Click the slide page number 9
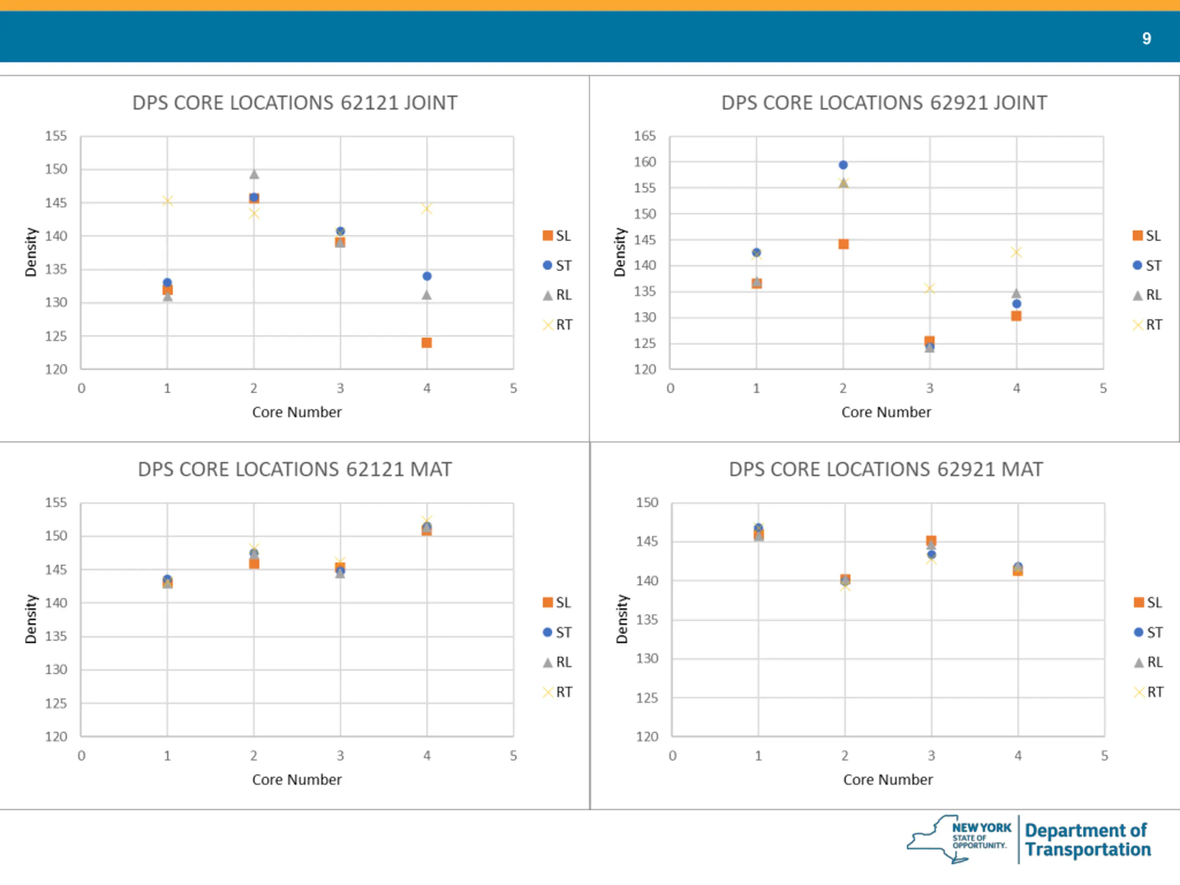(1146, 38)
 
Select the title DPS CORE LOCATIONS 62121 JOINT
(295, 103)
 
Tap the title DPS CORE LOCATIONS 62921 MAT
(885, 469)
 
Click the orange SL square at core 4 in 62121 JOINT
(426, 342)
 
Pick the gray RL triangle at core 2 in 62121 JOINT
(254, 174)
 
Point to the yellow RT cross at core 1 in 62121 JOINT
(167, 201)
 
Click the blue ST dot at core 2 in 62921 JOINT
(843, 165)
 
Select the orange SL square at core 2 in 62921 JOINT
(844, 244)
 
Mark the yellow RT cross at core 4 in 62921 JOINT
(1016, 252)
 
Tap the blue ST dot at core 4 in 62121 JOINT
(427, 276)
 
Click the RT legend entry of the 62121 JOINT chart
(557, 324)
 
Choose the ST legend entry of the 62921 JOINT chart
(1147, 265)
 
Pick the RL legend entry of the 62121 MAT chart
(557, 662)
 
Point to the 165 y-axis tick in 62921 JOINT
(644, 136)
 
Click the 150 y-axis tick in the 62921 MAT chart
(647, 502)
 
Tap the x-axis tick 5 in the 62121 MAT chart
(513, 755)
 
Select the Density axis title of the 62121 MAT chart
(31, 619)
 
